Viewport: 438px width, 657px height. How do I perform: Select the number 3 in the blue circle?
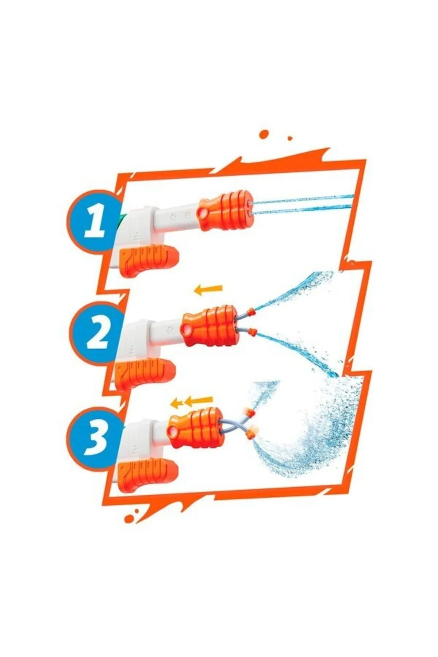coord(96,437)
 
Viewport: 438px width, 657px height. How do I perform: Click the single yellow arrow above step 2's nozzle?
coord(208,289)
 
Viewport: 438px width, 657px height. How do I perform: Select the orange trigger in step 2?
coord(145,373)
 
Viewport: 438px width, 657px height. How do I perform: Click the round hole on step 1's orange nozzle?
coord(202,212)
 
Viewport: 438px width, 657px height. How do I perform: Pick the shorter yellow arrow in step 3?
coord(177,403)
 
